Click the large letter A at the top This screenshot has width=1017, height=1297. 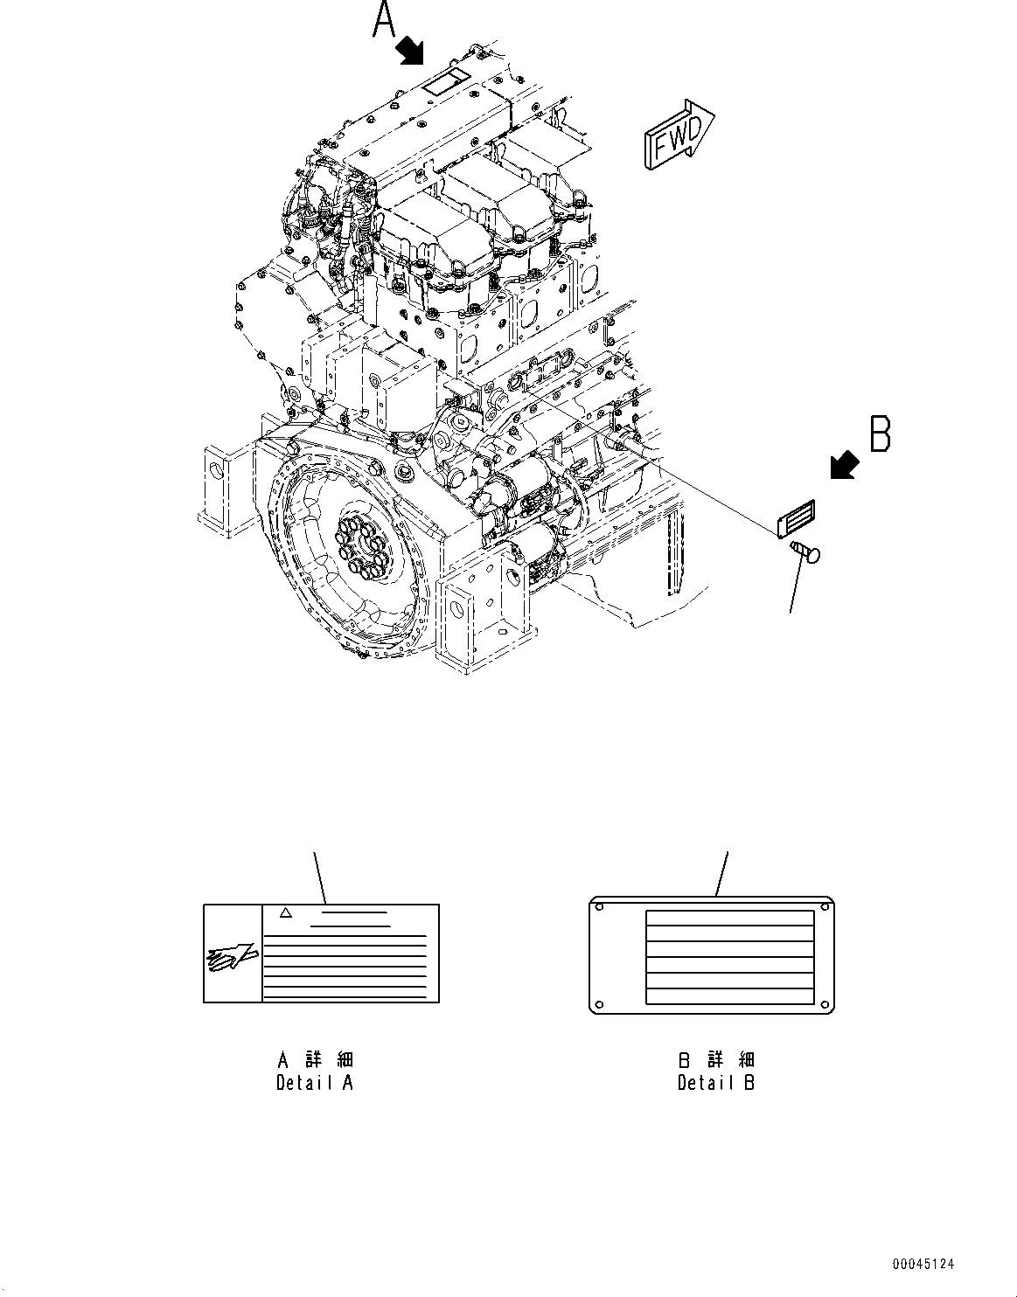[384, 20]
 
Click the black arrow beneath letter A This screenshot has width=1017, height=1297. [409, 51]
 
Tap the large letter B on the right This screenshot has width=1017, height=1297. [880, 434]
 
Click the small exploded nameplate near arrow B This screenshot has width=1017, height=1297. [796, 517]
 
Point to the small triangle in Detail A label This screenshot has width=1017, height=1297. [283, 912]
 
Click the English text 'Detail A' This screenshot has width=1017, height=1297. [315, 1083]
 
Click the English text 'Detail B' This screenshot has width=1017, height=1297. [716, 1083]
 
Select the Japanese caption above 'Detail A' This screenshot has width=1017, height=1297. [315, 1060]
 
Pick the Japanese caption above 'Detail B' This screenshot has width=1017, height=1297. [716, 1060]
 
